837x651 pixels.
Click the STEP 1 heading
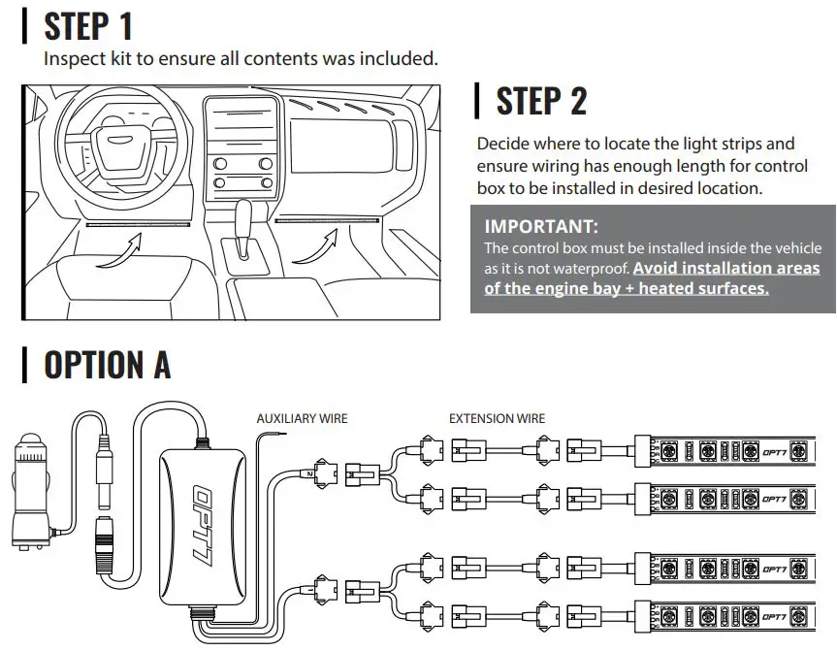pos(88,26)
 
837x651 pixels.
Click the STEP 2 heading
pos(541,101)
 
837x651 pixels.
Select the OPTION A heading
pos(107,366)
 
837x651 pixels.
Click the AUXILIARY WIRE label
pos(302,419)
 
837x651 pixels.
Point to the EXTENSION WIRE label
pos(496,419)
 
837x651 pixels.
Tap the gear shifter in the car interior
pos(243,217)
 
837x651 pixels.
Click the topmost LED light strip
pos(731,450)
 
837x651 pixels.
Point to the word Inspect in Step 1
pos(72,58)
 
